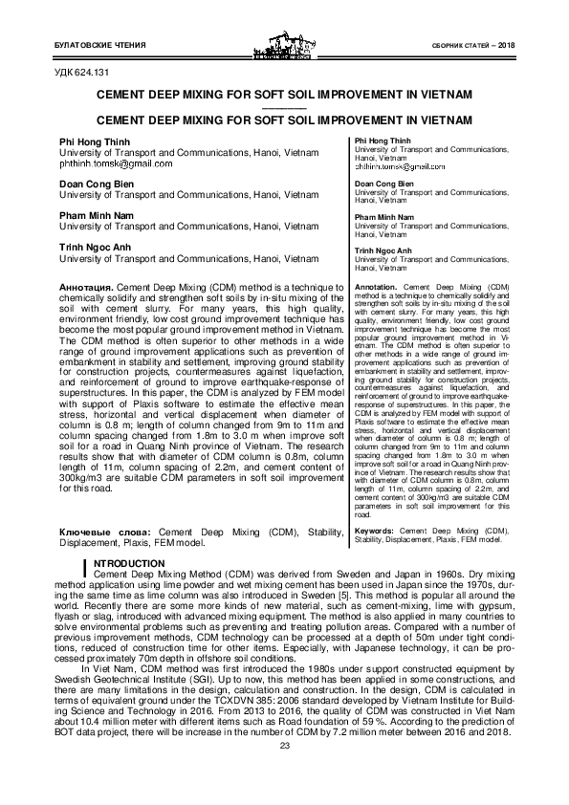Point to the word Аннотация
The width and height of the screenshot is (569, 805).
point(87,287)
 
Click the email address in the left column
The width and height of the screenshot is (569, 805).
point(116,163)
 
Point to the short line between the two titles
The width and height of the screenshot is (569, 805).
point(284,108)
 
